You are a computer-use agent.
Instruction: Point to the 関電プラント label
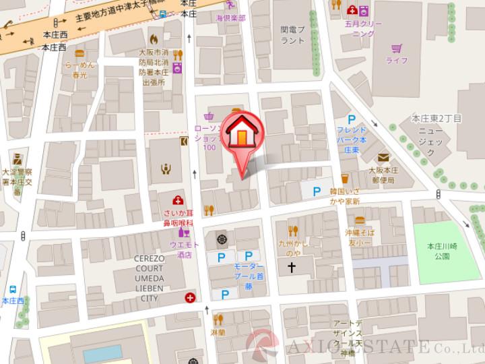[x=293, y=34]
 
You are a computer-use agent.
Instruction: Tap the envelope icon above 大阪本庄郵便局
[x=383, y=156]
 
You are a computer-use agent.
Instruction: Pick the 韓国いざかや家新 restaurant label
[x=344, y=196]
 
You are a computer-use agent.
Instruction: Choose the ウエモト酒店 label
[x=180, y=251]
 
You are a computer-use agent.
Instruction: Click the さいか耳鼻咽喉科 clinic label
[x=177, y=217]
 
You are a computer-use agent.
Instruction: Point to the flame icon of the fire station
[x=155, y=38]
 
